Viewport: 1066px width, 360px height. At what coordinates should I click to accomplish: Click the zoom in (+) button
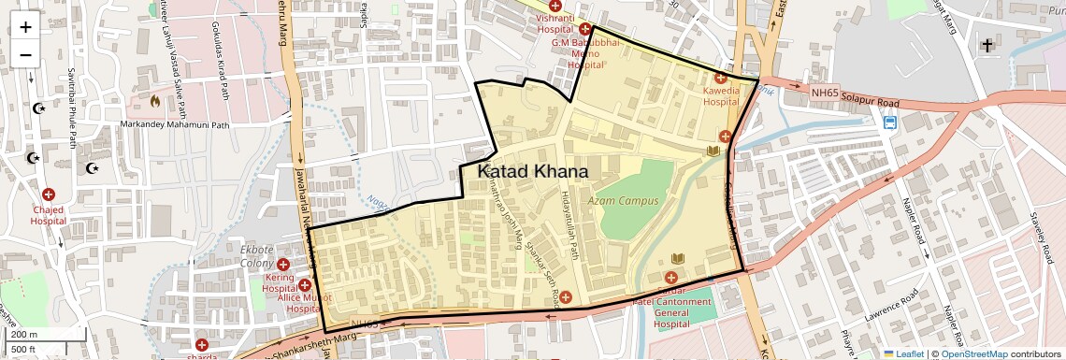pyautogui.click(x=25, y=26)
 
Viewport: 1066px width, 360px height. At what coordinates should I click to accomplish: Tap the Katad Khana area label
pyautogui.click(x=533, y=172)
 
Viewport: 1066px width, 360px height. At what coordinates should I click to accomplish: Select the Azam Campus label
pyautogui.click(x=624, y=201)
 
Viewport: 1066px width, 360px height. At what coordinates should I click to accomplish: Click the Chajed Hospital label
pyautogui.click(x=48, y=216)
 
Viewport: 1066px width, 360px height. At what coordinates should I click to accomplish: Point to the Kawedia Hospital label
pyautogui.click(x=721, y=96)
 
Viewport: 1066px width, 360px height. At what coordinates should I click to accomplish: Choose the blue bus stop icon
pyautogui.click(x=890, y=122)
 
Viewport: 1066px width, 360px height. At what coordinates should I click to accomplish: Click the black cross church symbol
pyautogui.click(x=987, y=45)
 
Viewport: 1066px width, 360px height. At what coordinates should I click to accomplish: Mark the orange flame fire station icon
pyautogui.click(x=155, y=99)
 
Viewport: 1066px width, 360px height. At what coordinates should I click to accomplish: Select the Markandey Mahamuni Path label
pyautogui.click(x=175, y=124)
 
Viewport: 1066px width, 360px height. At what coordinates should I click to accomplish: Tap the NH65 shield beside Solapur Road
pyautogui.click(x=825, y=93)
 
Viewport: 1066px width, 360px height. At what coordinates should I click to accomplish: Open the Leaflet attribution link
pyautogui.click(x=904, y=354)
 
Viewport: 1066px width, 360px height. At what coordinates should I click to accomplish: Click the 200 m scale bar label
pyautogui.click(x=25, y=334)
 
